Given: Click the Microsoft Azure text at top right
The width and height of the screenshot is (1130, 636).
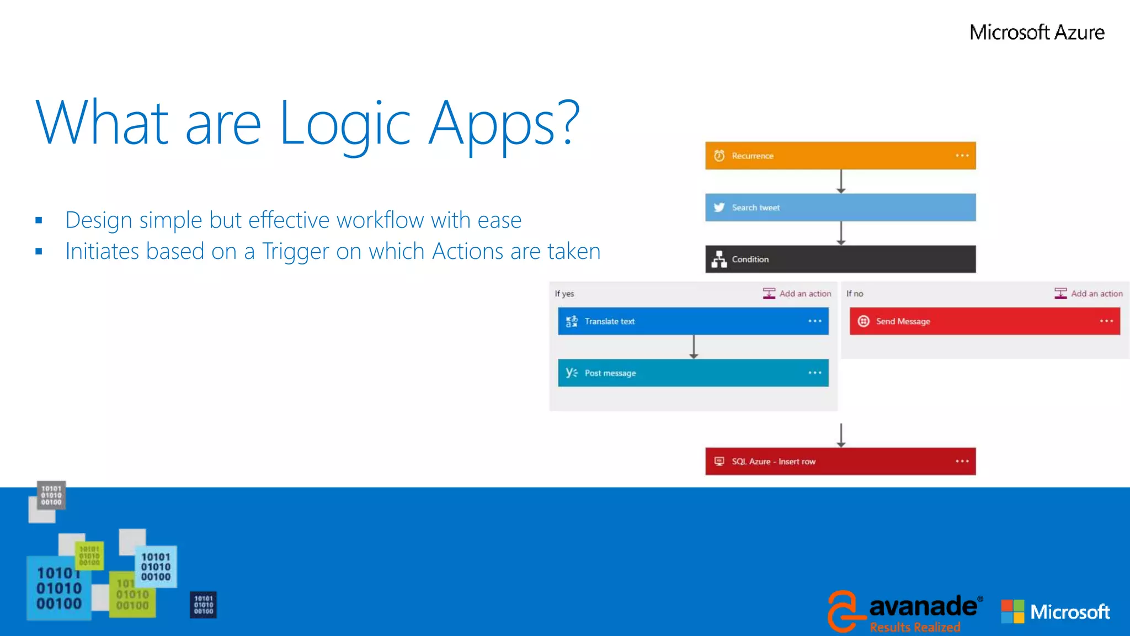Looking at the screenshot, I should click(x=1037, y=32).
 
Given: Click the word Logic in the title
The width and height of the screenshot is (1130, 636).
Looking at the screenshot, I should click(x=345, y=124).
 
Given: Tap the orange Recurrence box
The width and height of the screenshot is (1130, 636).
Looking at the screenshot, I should click(x=840, y=156).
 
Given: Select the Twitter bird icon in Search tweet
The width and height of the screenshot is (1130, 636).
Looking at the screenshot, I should click(x=719, y=208).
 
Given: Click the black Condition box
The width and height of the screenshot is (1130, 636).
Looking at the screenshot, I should click(x=840, y=259).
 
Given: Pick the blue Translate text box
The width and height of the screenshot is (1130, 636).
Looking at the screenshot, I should click(x=692, y=321).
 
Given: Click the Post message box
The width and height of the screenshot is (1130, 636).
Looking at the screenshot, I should click(x=692, y=373).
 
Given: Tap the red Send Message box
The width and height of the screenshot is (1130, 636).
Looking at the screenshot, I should click(x=984, y=321).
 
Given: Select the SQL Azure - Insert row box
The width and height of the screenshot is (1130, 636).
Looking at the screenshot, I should click(x=840, y=462).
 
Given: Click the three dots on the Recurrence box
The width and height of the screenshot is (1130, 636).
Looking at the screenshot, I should click(x=962, y=156).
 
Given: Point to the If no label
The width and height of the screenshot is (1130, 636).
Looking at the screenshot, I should click(x=855, y=294).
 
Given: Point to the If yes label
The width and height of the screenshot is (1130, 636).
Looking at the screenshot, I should click(x=564, y=294).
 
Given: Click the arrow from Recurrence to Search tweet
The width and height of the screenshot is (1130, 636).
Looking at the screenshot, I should click(x=841, y=181).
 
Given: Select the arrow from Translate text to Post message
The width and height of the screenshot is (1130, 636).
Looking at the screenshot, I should click(x=694, y=347).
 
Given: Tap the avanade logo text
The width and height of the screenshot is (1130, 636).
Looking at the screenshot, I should click(x=923, y=607).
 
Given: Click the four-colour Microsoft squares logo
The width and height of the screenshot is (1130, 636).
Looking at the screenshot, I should click(x=1012, y=612).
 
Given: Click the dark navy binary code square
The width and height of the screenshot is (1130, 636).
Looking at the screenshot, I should click(x=203, y=605).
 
